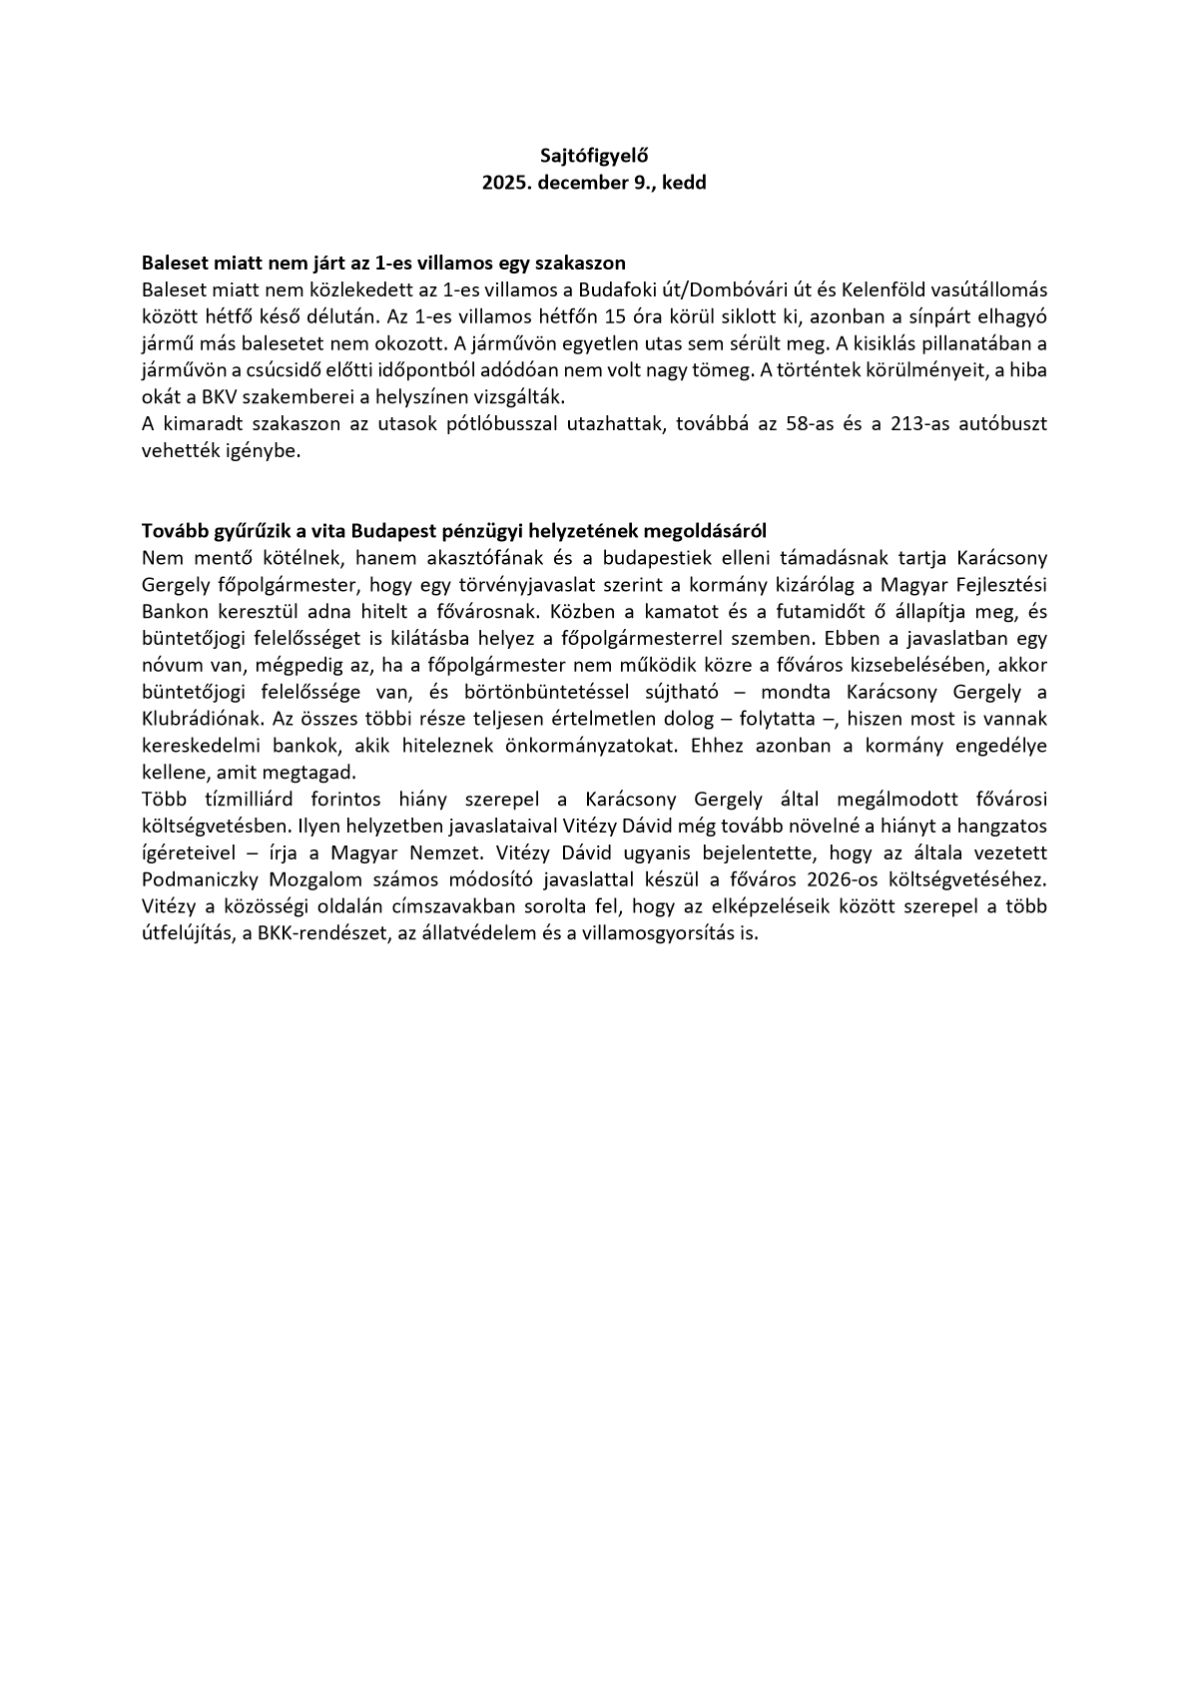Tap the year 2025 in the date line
[x=506, y=183]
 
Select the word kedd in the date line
[x=685, y=183]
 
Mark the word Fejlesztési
[x=999, y=583]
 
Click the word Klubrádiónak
[x=193, y=718]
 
